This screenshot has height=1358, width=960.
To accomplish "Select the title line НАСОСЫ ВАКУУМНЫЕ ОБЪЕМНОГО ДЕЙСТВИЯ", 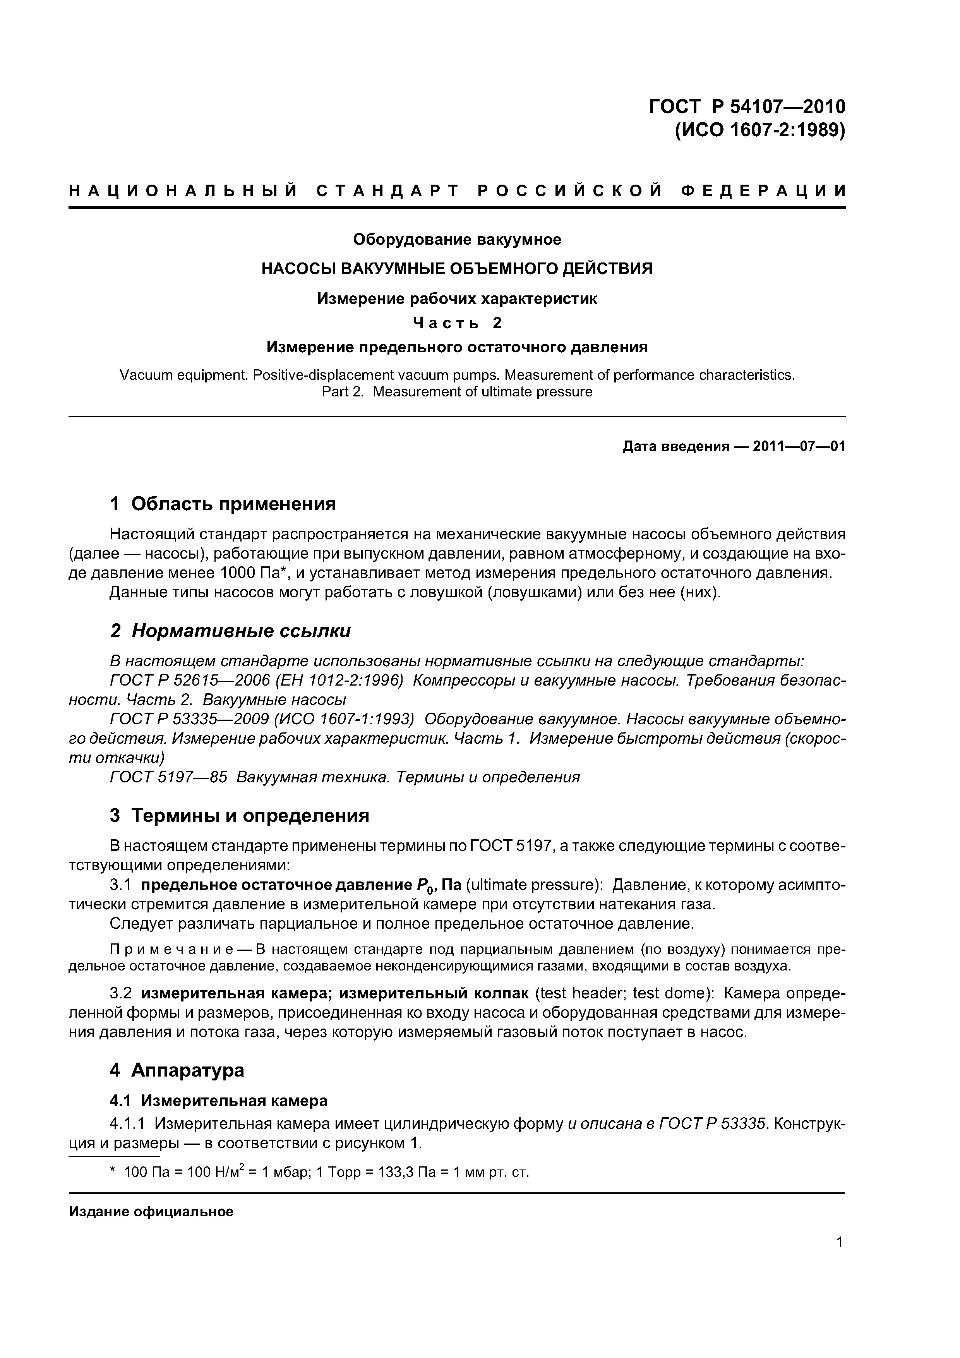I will tap(457, 269).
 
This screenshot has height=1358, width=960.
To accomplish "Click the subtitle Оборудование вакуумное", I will tap(457, 240).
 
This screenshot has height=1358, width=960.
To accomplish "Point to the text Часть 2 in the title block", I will tap(457, 323).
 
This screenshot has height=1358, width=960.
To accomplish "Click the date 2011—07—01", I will tap(799, 447).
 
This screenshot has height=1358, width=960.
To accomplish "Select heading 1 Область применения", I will tap(223, 504).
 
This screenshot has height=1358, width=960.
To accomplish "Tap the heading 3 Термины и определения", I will tap(240, 816).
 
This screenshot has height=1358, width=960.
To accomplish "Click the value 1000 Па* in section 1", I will tap(255, 573).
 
